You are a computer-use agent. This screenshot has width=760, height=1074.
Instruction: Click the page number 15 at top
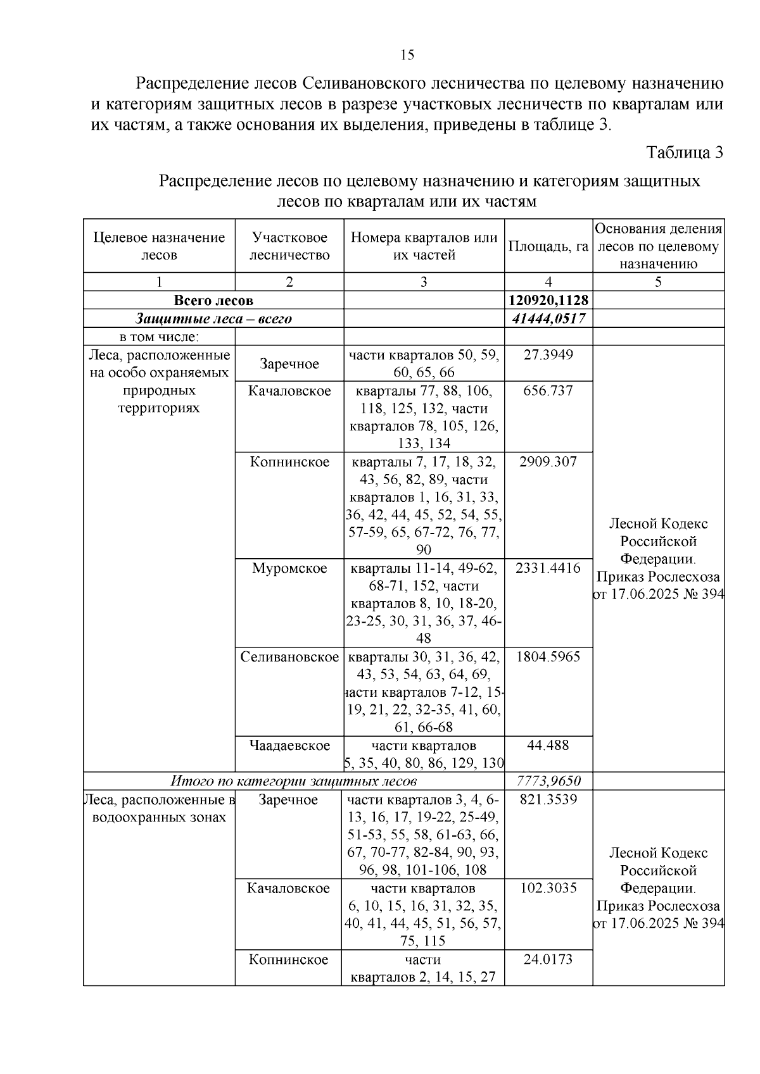pos(407,55)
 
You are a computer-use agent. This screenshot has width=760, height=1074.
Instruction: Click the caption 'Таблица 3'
pos(685,153)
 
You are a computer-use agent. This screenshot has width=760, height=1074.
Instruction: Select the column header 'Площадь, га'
pos(548,246)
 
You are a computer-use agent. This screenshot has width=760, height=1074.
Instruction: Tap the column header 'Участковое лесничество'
pos(289,246)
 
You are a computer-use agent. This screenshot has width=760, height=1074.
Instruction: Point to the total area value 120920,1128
pos(548,300)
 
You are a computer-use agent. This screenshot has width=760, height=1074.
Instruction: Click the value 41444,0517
pos(548,318)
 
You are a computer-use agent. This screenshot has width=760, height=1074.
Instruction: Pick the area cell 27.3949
pos(548,354)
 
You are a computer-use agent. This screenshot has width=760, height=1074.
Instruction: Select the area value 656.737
pos(548,390)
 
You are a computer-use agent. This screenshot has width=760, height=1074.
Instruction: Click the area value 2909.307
pos(548,461)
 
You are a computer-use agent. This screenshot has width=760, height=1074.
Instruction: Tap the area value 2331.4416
pos(548,568)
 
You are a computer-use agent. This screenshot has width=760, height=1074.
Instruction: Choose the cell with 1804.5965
pos(548,656)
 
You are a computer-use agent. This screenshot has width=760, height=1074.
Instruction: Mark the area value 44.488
pos(548,745)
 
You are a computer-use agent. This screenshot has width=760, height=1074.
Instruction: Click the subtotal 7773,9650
pos(548,781)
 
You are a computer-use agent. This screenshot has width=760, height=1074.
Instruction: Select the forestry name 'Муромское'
pos(289,568)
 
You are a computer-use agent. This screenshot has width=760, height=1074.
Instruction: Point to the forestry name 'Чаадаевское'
pos(289,745)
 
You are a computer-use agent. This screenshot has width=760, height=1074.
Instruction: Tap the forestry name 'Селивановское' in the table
pos(289,656)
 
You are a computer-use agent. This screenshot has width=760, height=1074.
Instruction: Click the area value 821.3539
pos(548,799)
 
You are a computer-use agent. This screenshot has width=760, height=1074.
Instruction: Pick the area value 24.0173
pos(548,959)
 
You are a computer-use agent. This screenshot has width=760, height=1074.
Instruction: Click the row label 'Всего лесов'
pos(213,300)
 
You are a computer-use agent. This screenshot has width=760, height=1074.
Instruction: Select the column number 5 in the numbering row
pos(658,282)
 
